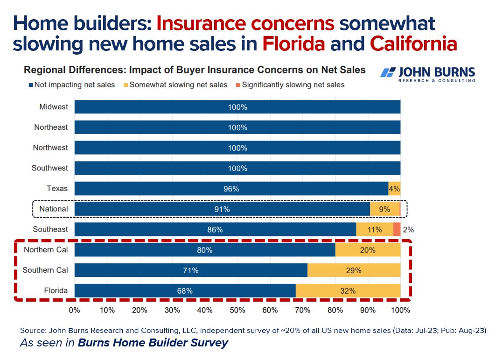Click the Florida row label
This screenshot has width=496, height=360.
(56, 290)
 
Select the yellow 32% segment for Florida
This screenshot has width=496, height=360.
(348, 290)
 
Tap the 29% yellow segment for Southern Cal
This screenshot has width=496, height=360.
(354, 270)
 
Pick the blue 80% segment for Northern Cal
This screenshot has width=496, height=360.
(205, 250)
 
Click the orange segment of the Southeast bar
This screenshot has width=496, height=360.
(397, 229)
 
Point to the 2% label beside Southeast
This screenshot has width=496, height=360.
(408, 229)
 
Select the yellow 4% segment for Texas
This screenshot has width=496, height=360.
(394, 189)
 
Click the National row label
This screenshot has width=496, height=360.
(53, 209)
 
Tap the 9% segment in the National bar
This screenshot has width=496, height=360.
(384, 209)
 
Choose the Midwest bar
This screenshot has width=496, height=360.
(237, 107)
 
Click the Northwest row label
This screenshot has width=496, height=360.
(50, 148)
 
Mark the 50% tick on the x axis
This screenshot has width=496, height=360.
(237, 310)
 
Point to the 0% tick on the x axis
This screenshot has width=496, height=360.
(75, 310)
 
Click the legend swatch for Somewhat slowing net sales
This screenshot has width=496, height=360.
(126, 85)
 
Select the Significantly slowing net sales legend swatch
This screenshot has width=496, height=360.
(238, 85)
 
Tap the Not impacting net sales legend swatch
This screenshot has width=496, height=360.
(31, 85)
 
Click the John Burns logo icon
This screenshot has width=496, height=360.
(388, 72)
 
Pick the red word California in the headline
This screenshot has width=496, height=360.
(413, 43)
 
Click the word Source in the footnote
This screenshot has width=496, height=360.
(31, 330)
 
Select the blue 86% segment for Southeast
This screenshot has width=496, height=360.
(215, 229)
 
